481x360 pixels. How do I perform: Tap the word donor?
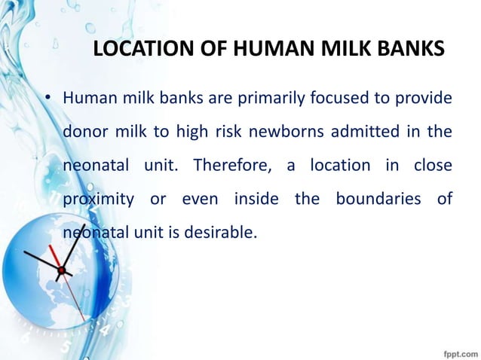click(x=84, y=133)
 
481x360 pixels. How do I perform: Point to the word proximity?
click(x=94, y=199)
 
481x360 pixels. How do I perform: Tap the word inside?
click(x=256, y=199)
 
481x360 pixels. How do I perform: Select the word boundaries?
click(x=365, y=199)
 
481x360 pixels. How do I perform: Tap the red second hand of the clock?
click(x=57, y=257)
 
